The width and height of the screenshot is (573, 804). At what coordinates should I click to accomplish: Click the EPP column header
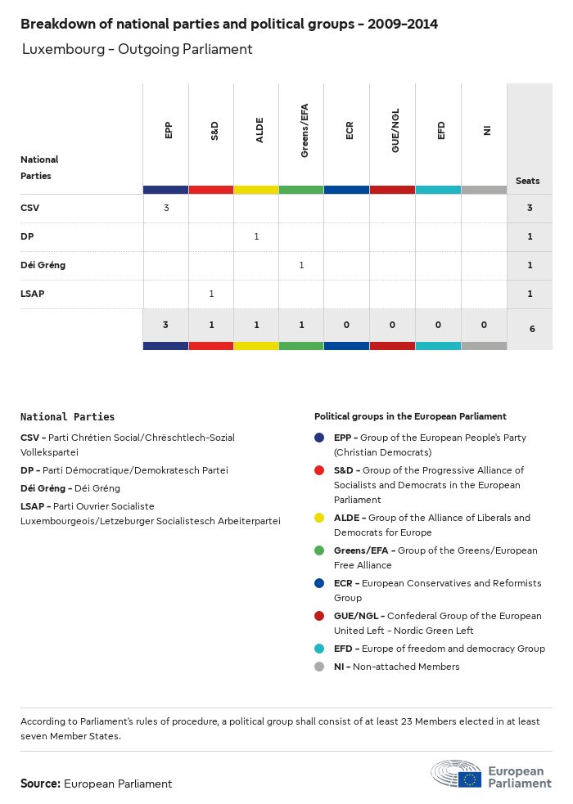(168, 130)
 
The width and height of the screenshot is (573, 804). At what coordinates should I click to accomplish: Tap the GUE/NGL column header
(395, 134)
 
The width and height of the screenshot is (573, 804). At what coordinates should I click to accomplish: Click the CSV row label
(29, 208)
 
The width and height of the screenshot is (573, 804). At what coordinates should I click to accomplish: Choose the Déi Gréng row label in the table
(43, 265)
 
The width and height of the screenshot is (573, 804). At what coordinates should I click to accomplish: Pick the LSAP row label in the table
(33, 294)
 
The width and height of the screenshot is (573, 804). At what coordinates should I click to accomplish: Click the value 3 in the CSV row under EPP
(166, 208)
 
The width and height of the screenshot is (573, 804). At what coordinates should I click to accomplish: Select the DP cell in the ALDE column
(256, 236)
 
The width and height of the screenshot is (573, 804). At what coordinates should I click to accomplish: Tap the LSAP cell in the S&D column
(211, 294)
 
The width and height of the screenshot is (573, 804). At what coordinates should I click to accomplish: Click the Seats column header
(528, 181)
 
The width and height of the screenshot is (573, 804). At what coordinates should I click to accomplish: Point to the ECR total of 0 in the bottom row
(347, 325)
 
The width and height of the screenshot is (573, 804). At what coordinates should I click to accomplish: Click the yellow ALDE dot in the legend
(320, 518)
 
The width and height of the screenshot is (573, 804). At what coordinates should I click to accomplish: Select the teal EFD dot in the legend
(320, 649)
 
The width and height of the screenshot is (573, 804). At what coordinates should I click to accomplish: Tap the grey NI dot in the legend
(320, 667)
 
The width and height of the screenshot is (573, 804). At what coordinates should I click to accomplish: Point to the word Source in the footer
(40, 784)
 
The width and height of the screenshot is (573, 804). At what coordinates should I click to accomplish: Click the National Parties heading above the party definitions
(67, 417)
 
